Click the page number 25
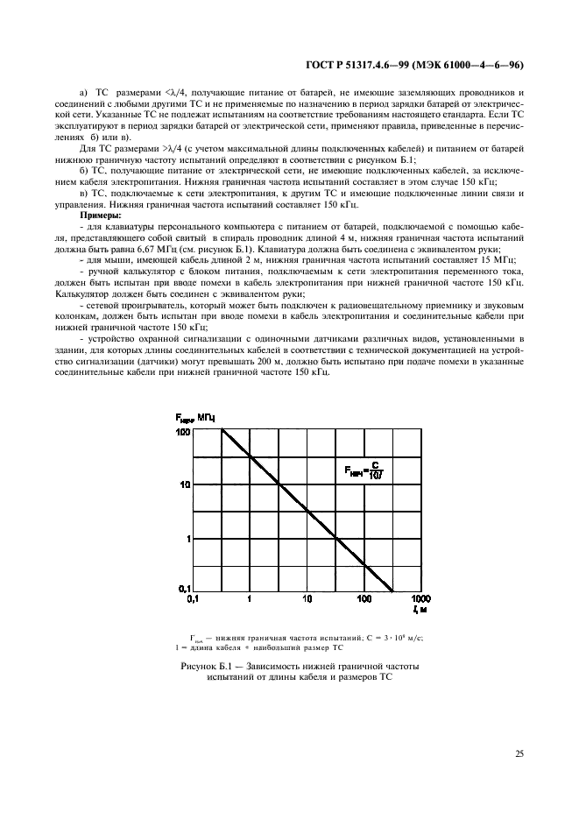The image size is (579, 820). tap(519, 753)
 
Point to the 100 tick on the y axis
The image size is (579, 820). tap(184, 432)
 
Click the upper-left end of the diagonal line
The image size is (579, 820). tap(222, 430)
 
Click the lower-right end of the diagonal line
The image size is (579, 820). tap(392, 588)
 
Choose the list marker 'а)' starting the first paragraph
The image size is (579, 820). tap(85, 92)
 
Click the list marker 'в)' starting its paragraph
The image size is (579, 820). tap(84, 192)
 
